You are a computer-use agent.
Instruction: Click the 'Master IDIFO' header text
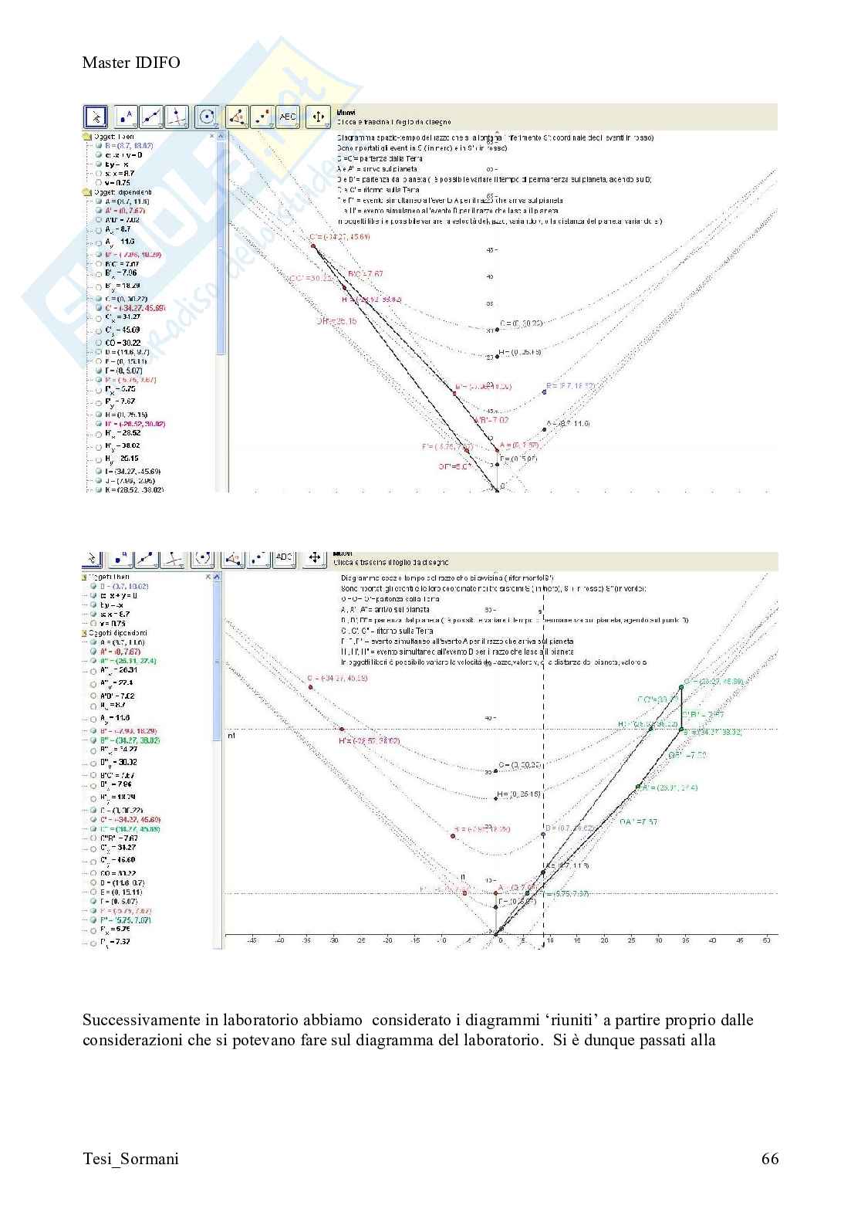point(131,63)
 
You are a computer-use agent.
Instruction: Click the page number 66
point(769,1158)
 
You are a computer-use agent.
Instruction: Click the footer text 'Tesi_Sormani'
point(130,1159)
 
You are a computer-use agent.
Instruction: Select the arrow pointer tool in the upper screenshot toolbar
point(95,117)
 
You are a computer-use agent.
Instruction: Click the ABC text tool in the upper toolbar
point(287,117)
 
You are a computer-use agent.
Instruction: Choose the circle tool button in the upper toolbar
point(207,117)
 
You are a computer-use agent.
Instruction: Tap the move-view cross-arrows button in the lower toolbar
point(315,558)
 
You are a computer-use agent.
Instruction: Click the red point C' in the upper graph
point(313,245)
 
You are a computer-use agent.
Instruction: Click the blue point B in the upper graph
point(544,392)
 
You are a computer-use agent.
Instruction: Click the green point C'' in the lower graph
point(681,686)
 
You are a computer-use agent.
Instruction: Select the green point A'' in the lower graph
point(639,787)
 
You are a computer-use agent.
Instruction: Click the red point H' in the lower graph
point(342,729)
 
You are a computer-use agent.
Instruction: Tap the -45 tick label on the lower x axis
point(252,940)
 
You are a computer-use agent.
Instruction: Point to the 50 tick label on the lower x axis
point(766,940)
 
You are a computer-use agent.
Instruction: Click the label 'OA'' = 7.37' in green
point(638,822)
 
